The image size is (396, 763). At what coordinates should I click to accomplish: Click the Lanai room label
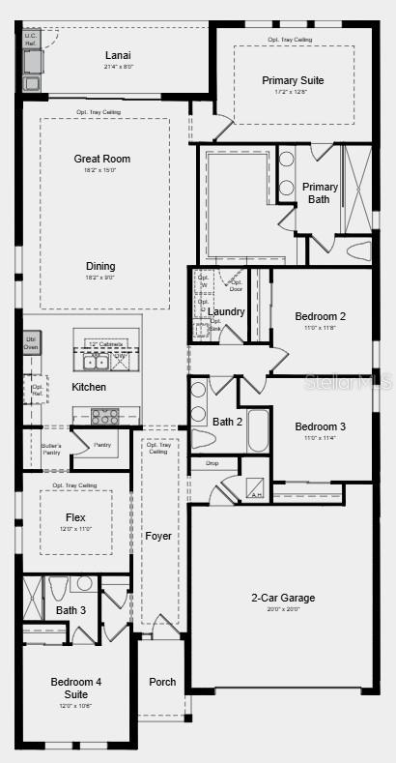(117, 55)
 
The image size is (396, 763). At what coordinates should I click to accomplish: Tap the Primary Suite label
(293, 80)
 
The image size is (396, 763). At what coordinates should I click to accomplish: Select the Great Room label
(101, 159)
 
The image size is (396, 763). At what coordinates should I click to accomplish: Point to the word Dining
(100, 266)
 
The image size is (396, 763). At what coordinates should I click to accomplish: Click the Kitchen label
(89, 387)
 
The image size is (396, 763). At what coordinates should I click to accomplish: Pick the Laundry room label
(226, 311)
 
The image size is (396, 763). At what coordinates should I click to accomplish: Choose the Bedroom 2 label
(320, 316)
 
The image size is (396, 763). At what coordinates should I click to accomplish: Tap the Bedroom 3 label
(320, 426)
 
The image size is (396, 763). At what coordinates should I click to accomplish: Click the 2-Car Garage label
(284, 598)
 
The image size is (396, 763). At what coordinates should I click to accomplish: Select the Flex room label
(75, 517)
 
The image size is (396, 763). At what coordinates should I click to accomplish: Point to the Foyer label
(157, 536)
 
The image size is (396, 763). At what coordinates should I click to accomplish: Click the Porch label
(162, 682)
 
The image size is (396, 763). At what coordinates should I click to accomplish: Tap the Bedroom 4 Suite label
(75, 688)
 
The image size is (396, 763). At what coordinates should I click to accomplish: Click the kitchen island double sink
(96, 362)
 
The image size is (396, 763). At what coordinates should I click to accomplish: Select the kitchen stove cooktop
(104, 417)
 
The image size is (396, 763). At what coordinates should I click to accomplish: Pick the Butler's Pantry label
(51, 449)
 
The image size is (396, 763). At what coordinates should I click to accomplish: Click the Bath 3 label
(71, 610)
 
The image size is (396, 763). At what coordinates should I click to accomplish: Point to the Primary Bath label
(320, 193)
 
